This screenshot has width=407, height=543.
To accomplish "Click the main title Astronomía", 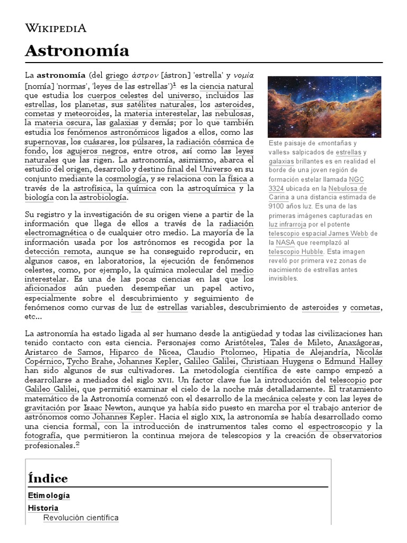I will coord(77,51).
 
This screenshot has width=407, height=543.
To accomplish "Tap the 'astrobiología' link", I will coord(103,197).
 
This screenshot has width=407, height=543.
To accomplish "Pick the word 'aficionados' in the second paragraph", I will coord(46,288).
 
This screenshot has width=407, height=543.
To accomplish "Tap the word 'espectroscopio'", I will coord(336,426).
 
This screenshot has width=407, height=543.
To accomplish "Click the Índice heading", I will coord(48,478).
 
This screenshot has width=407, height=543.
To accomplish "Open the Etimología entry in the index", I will coord(49,495).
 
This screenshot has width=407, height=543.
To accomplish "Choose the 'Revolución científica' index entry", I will coord(81,518).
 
